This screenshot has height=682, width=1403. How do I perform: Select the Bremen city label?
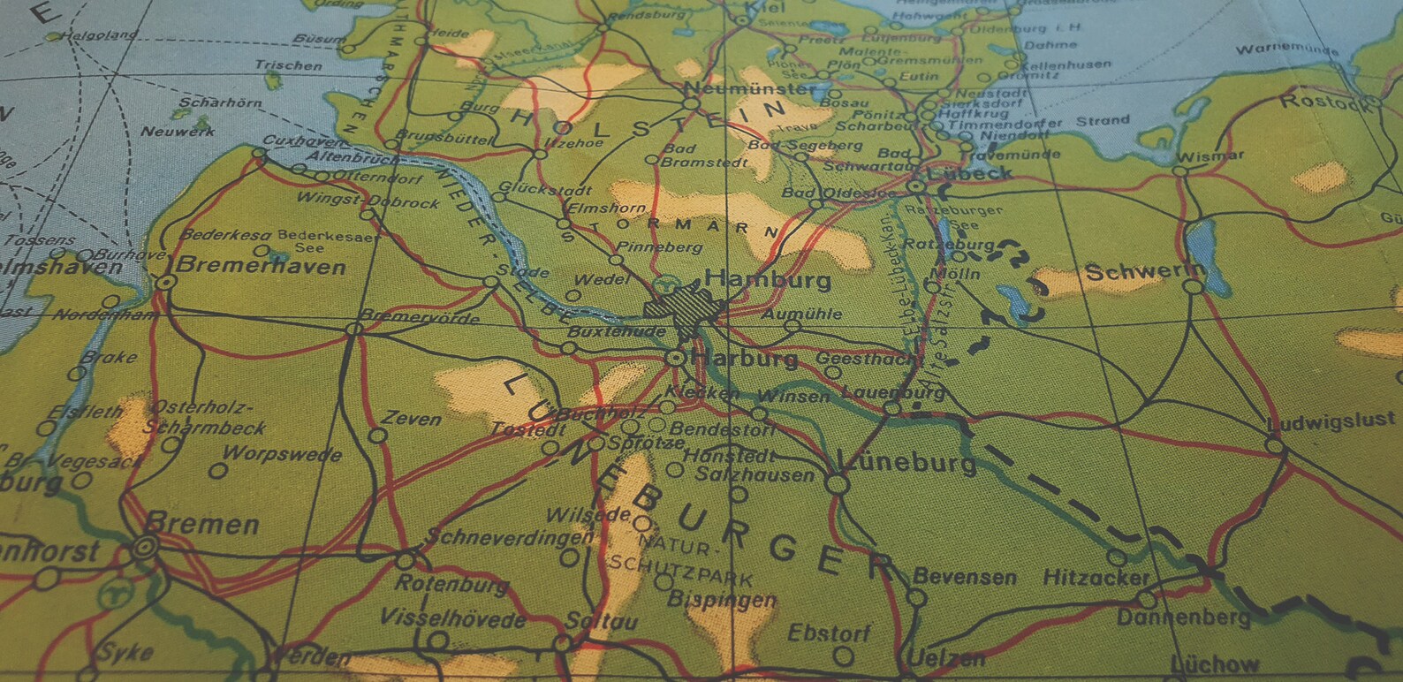coord(202,524)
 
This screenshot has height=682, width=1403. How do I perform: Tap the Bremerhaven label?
coord(262,266)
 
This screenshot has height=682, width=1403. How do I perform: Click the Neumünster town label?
coord(750,88)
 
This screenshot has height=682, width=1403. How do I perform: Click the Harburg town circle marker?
coord(675,358)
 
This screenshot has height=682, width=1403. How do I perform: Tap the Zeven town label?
coord(411,419)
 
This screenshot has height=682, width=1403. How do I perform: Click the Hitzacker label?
coord(1096,578)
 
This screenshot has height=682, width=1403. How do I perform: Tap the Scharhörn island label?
coord(220,103)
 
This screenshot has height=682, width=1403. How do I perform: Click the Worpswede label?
coord(282,455)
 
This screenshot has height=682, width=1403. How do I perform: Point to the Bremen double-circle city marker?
coord(143,548)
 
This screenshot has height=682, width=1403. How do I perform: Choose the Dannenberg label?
coord(1183,617)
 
